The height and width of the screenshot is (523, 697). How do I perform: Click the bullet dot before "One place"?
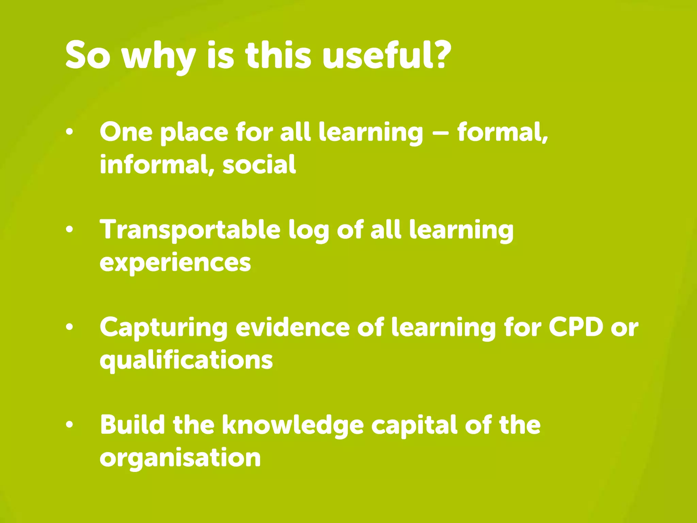(x=69, y=132)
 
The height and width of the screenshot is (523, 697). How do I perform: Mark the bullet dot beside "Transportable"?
(x=69, y=230)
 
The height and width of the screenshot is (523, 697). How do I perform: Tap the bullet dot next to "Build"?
(x=69, y=425)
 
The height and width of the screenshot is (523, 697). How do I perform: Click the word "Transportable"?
(x=190, y=230)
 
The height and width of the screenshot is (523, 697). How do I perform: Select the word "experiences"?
(x=175, y=263)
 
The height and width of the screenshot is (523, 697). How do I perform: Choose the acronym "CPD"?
(x=576, y=328)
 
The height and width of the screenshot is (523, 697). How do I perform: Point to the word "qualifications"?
(x=186, y=360)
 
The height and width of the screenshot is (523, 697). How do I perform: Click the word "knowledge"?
(x=293, y=426)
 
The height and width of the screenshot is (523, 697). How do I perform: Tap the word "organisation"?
(x=180, y=458)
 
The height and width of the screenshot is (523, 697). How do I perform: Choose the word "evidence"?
(x=293, y=328)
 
